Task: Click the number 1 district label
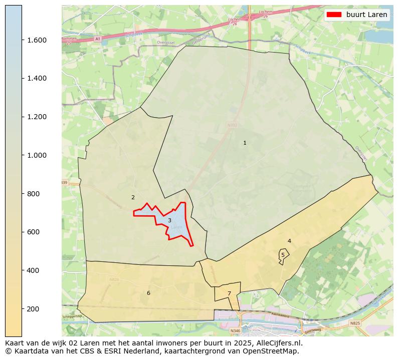[x=245, y=143]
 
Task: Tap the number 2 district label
[x=133, y=198]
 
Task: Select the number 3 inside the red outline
[x=169, y=221]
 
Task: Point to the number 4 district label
[x=289, y=241]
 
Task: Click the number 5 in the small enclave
[x=283, y=255]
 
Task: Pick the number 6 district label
[x=148, y=293]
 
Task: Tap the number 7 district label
[x=229, y=294]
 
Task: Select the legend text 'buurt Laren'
[x=366, y=15]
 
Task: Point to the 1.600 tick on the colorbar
[x=37, y=40]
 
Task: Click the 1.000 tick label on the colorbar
[x=37, y=155]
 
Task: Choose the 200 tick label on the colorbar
[x=33, y=309]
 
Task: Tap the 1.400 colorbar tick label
[x=37, y=79]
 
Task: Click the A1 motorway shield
[x=97, y=39]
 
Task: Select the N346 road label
[x=235, y=331]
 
